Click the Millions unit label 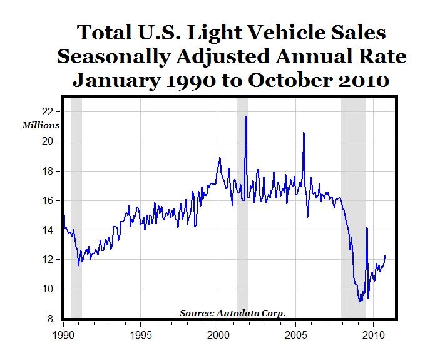pyautogui.click(x=41, y=125)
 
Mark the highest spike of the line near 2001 pyautogui.click(x=245, y=116)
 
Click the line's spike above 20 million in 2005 pyautogui.click(x=304, y=133)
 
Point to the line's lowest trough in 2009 pyautogui.click(x=359, y=302)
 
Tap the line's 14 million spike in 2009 pyautogui.click(x=367, y=228)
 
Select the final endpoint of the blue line pyautogui.click(x=386, y=256)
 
